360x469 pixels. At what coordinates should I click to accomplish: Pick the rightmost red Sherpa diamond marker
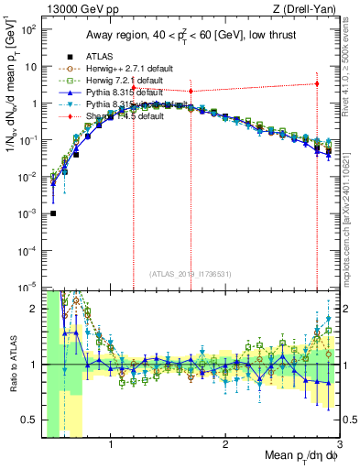[x=317, y=83]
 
